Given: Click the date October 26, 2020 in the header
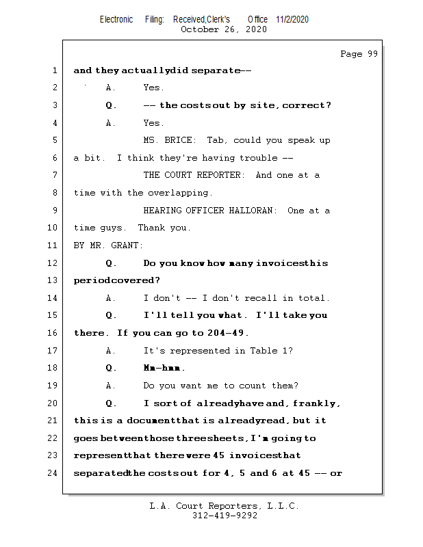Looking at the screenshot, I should (224, 29).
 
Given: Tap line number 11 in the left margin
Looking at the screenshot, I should (53, 245).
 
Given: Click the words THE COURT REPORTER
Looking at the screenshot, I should (193, 175).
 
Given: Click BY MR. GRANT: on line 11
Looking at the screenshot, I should (109, 245).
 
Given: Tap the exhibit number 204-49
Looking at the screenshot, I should (227, 333).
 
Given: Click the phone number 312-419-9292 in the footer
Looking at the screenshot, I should (225, 516).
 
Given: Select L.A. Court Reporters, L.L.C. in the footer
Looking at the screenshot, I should (225, 506).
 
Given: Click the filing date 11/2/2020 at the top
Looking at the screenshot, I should (292, 19).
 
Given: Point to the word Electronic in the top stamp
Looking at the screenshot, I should (116, 19).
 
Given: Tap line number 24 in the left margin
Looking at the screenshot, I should (53, 473).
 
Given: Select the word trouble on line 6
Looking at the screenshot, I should (258, 158).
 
